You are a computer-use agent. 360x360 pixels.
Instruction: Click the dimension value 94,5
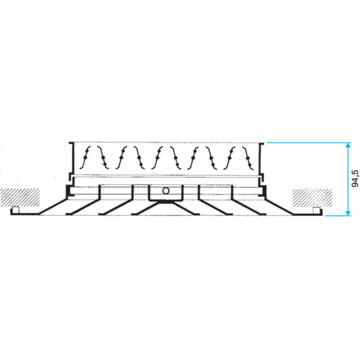[355, 179]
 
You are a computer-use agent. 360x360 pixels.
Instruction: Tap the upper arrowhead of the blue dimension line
[348, 145]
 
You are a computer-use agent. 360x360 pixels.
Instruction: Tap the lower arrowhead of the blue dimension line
[348, 213]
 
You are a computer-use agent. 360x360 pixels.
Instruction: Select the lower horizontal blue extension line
[338, 215]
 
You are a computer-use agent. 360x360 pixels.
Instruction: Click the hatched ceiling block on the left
[19, 197]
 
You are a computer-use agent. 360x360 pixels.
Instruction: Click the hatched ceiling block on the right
[312, 197]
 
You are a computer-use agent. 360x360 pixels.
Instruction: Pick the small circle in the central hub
[166, 191]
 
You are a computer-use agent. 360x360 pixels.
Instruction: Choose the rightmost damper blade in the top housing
[248, 158]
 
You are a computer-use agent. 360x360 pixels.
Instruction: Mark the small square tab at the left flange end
[16, 210]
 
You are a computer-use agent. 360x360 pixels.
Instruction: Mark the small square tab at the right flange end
[317, 210]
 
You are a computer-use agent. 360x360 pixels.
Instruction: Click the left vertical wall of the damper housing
[71, 158]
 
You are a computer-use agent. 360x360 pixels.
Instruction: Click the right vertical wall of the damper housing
[261, 158]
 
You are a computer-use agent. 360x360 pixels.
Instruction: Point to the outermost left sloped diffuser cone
[52, 207]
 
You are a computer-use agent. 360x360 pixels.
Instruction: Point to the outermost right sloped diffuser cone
[279, 207]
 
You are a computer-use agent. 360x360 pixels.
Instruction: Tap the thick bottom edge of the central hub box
[166, 200]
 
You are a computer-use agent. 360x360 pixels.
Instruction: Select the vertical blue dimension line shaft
[348, 179]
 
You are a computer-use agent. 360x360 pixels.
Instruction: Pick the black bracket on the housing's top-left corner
[71, 144]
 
